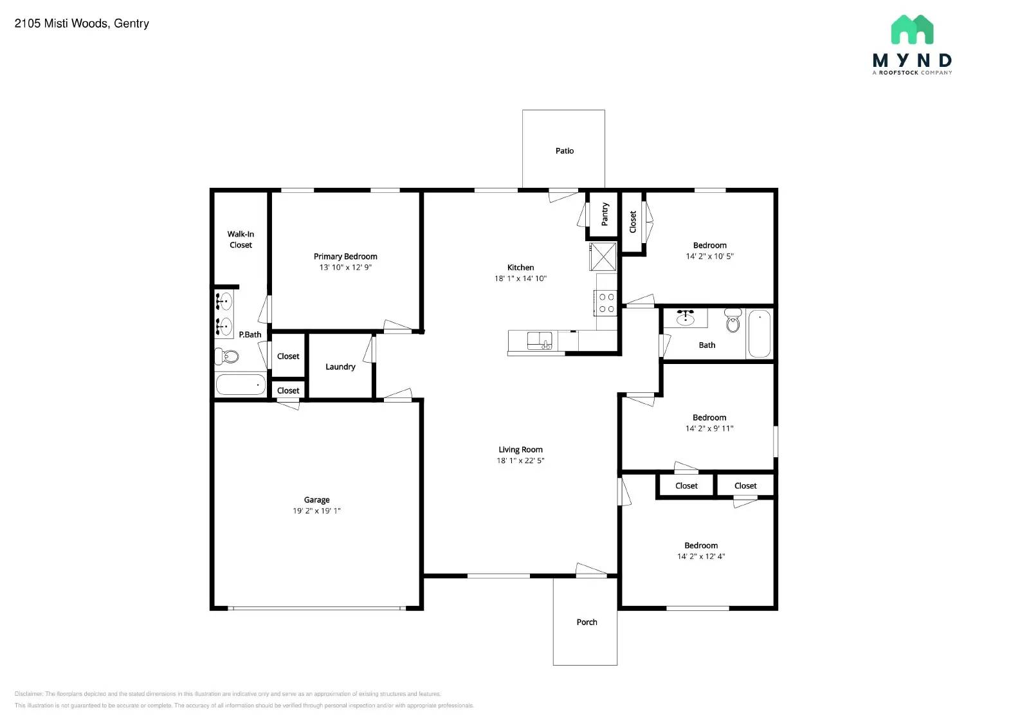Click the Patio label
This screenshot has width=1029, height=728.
tap(564, 151)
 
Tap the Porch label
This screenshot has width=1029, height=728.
tap(586, 622)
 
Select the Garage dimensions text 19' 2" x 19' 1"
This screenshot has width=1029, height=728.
tap(316, 511)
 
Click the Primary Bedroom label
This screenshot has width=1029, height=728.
tap(345, 257)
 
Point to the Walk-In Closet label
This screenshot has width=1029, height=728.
tap(241, 239)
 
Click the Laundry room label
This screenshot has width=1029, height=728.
tap(340, 367)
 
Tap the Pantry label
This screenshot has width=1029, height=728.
tap(605, 214)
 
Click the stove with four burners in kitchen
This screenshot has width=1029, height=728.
tap(606, 303)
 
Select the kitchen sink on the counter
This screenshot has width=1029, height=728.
tap(539, 341)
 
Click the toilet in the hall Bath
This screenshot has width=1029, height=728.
tap(733, 321)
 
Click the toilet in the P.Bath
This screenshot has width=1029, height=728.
tap(227, 356)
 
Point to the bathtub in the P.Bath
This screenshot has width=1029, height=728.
tap(240, 385)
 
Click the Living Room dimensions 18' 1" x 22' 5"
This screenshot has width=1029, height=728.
tap(520, 460)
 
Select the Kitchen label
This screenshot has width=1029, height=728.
tap(520, 268)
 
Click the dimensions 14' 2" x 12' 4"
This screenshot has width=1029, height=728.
tap(700, 556)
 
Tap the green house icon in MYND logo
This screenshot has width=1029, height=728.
tap(912, 30)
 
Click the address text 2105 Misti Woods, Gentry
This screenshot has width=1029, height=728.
tap(82, 24)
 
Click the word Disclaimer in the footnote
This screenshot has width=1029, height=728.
tap(28, 694)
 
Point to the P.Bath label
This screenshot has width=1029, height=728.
tap(250, 334)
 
